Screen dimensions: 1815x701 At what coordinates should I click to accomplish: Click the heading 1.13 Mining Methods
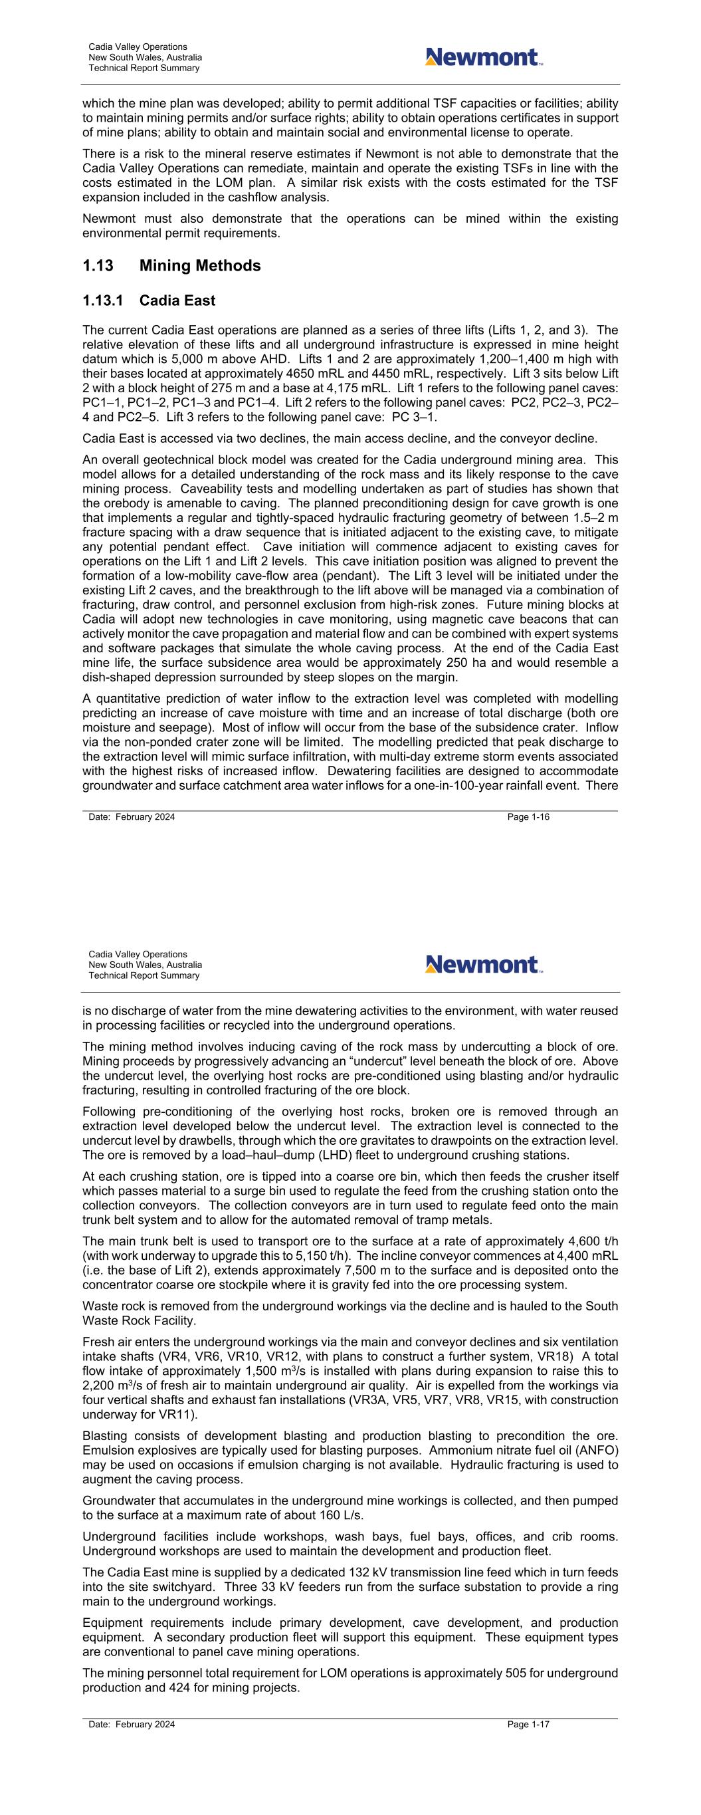coord(171,266)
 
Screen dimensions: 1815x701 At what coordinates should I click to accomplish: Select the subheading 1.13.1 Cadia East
coord(149,301)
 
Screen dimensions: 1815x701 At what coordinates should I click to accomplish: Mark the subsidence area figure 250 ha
coord(466,662)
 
